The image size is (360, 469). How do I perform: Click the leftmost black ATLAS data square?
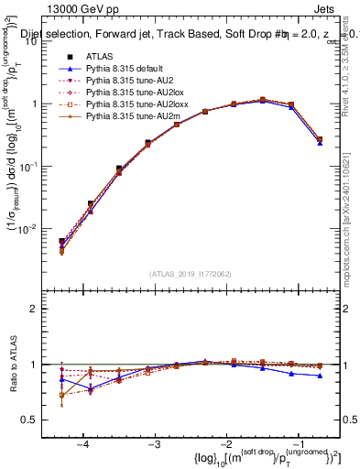[x=61, y=242]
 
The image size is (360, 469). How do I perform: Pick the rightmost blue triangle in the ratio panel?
[x=320, y=376]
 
